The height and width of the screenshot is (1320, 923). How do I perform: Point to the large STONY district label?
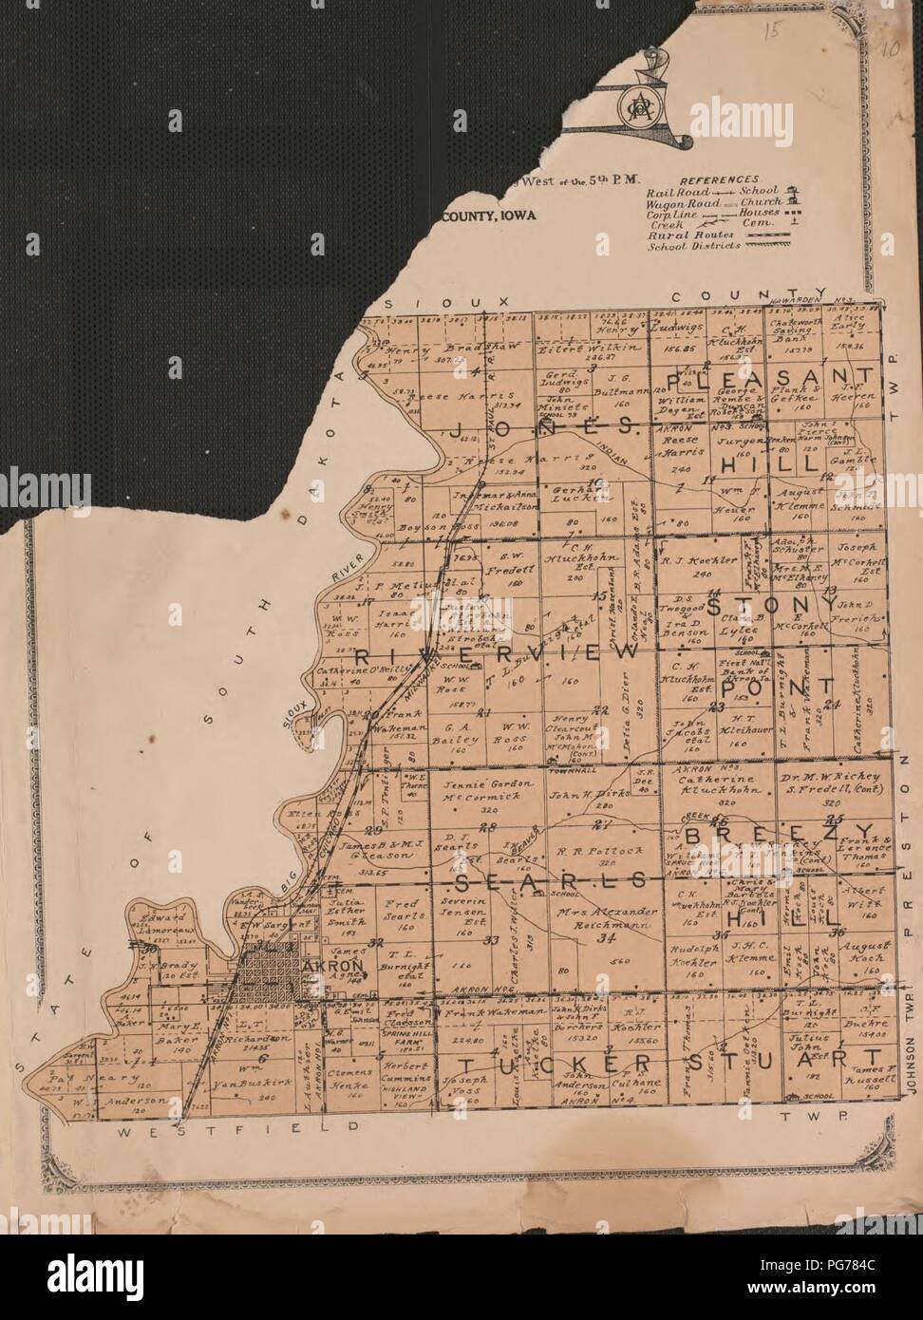click(775, 605)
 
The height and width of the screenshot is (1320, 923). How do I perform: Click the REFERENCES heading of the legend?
click(719, 179)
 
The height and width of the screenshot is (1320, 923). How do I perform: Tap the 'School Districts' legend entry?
click(690, 246)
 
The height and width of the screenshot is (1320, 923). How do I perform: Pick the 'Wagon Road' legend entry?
click(679, 204)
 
